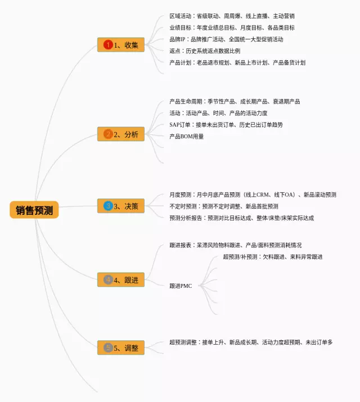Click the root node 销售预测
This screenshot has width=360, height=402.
34,210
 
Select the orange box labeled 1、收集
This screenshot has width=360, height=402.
121,45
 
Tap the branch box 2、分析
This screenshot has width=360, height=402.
121,134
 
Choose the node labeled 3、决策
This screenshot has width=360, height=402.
121,206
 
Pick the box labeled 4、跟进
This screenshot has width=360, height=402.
121,279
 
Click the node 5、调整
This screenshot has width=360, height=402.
121,348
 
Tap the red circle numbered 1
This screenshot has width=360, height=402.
108,45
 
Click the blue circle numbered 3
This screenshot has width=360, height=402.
108,206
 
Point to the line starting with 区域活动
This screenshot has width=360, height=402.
231,16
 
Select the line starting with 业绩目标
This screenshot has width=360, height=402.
231,28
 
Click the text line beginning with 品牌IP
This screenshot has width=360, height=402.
226,39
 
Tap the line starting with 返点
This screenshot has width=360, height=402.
204,51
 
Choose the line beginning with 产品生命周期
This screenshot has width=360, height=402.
235,102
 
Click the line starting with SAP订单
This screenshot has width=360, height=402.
226,124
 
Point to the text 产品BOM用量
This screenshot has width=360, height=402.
187,136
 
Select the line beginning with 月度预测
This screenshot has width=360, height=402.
253,195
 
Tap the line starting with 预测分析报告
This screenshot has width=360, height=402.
241,218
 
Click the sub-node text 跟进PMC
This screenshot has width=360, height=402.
181,286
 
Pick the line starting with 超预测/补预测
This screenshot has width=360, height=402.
272,257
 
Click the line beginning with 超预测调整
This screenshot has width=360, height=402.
250,342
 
